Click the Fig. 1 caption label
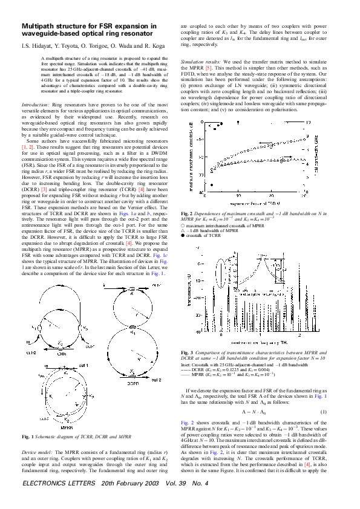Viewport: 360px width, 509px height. point(28,436)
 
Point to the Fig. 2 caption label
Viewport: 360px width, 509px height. point(188,213)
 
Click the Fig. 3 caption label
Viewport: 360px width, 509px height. point(188,352)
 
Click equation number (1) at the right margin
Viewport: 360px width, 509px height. point(324,412)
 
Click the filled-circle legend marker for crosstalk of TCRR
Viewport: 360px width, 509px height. point(182,234)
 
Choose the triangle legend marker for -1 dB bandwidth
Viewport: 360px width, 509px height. point(182,229)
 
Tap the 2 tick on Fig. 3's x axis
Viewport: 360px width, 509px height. point(300,334)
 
